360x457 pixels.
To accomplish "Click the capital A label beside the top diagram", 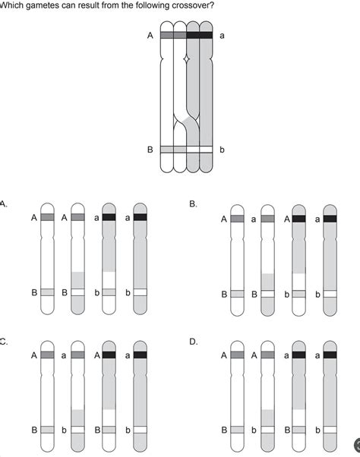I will pos(150,36).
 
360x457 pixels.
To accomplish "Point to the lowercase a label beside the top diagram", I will pos(221,36).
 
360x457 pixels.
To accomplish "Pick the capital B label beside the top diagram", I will pos(150,150).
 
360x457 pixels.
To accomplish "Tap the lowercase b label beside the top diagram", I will pos(221,150).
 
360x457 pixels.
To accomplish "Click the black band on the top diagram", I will pos(199,35).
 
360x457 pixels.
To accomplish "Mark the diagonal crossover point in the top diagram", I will pos(187,119).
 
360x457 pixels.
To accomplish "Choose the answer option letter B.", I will pos(193,203).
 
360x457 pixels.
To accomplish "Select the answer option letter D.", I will pos(193,342).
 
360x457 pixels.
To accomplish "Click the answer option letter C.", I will pos(4,342).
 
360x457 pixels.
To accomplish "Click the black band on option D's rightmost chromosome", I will pos(330,355).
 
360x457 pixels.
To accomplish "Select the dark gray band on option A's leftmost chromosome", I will pos(47,216).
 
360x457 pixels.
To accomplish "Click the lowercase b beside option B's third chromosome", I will pos(287,293).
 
